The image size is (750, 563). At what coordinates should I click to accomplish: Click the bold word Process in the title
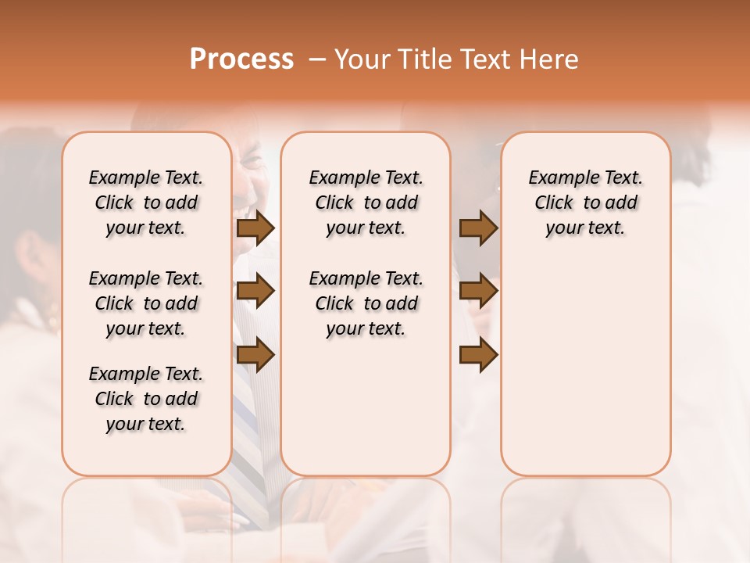[x=241, y=59]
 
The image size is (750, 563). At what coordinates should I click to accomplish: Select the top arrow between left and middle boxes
[x=255, y=228]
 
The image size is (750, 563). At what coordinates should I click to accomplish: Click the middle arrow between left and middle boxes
[x=255, y=292]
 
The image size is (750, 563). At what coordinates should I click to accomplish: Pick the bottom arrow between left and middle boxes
[x=255, y=355]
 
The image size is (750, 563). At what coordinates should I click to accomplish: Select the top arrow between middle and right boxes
[x=478, y=228]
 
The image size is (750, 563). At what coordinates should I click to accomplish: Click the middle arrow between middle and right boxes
[x=478, y=292]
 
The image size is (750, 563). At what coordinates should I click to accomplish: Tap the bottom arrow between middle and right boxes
[x=478, y=355]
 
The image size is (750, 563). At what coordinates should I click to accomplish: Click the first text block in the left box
[x=146, y=203]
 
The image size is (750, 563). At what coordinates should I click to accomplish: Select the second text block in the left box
[x=146, y=303]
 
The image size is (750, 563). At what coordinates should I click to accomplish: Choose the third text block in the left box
[x=146, y=399]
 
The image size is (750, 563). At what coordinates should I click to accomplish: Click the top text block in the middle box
[x=366, y=203]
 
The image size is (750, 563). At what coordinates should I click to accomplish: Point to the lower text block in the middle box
[x=366, y=303]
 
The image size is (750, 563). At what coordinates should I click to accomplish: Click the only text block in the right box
[x=585, y=203]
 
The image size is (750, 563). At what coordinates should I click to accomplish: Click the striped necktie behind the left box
[x=252, y=438]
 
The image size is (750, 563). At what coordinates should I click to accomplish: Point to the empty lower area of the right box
[x=585, y=368]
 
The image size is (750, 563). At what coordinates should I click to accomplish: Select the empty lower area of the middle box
[x=366, y=407]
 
